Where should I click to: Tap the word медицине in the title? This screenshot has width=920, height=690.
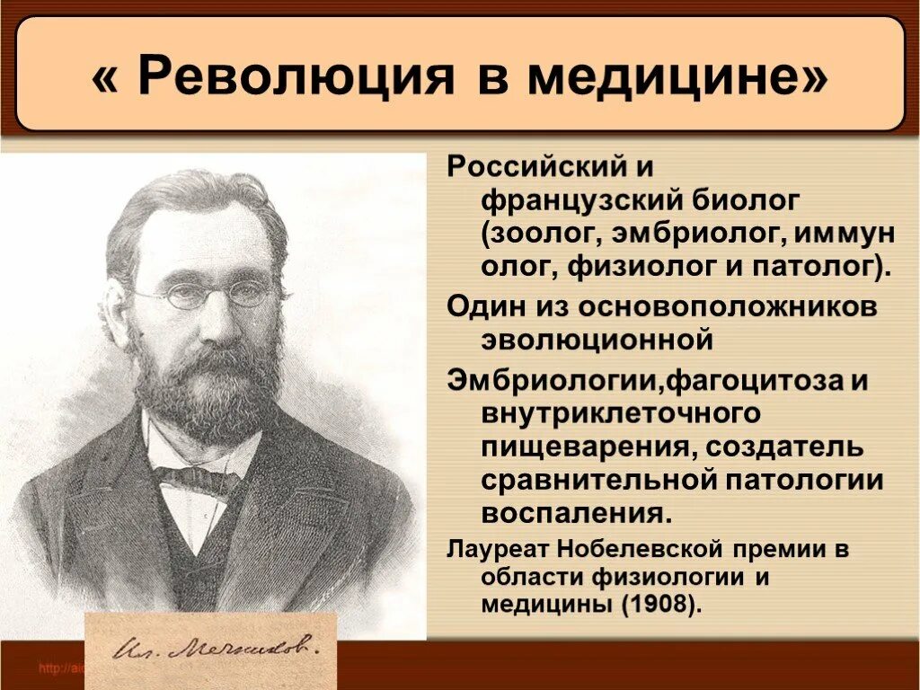point(677,79)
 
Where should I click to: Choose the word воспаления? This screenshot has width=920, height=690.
point(575,515)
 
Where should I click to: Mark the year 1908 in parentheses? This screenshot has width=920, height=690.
point(658,605)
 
